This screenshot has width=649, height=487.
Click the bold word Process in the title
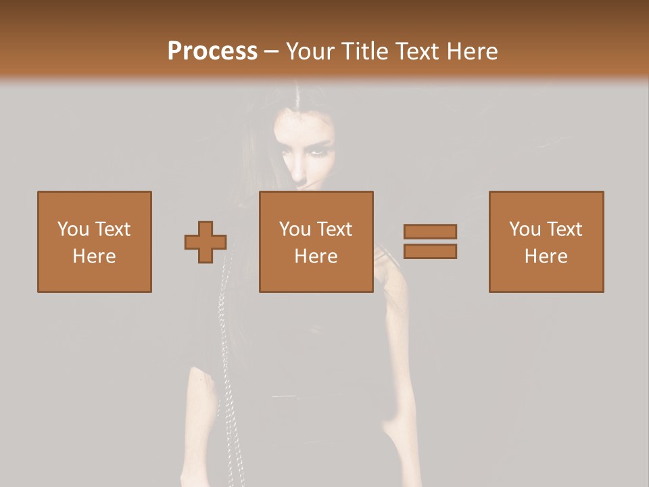click(212, 51)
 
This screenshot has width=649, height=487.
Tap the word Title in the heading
click(362, 51)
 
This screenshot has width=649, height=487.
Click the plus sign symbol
click(206, 242)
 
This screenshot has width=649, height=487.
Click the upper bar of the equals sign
click(430, 231)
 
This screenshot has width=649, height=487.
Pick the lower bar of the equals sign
click(430, 252)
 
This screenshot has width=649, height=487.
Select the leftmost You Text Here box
click(95, 241)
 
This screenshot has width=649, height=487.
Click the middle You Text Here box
click(316, 241)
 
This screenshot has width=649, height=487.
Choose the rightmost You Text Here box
click(546, 241)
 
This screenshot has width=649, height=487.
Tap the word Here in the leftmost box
click(95, 256)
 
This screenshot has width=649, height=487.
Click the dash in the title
click(272, 51)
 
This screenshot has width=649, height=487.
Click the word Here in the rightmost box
click(546, 256)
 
